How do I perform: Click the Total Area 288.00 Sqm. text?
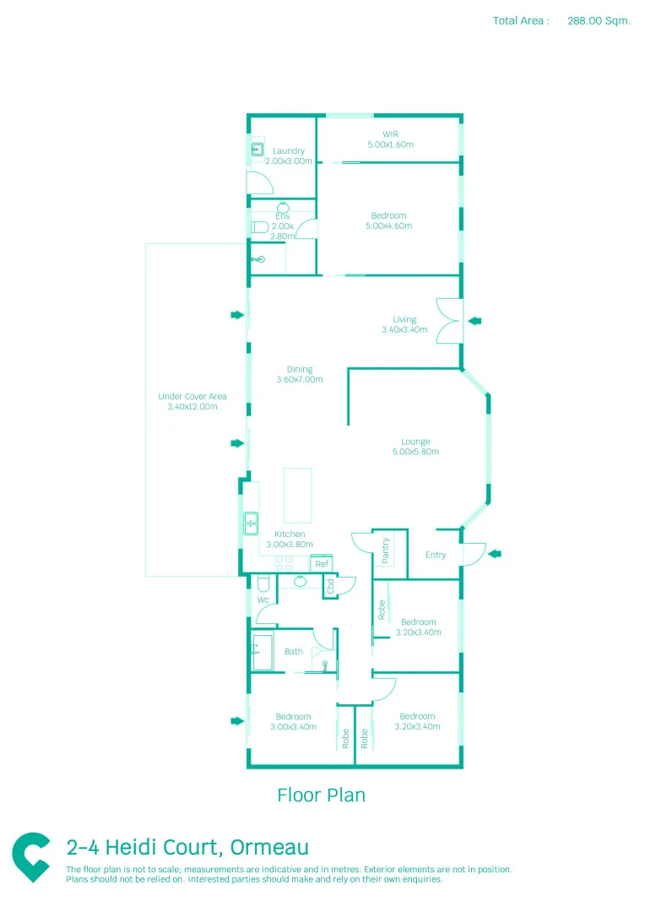click(x=561, y=21)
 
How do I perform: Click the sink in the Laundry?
click(x=257, y=150)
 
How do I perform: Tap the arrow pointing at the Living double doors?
click(x=474, y=320)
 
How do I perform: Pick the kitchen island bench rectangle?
click(x=297, y=496)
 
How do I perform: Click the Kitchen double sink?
click(x=251, y=524)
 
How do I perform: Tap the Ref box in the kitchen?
click(x=321, y=563)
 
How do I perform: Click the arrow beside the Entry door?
click(x=495, y=554)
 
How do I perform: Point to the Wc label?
click(x=263, y=600)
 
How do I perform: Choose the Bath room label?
click(x=293, y=652)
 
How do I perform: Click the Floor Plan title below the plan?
click(x=321, y=795)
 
